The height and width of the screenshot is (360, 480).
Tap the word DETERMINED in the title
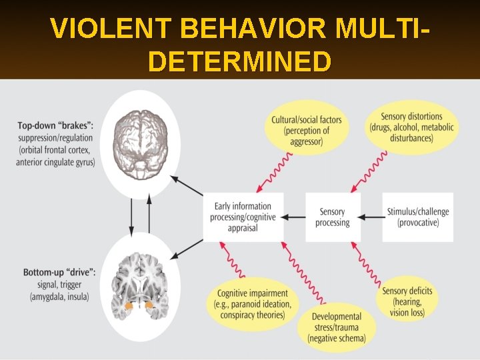[240, 61]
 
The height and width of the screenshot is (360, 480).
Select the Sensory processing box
[333, 217]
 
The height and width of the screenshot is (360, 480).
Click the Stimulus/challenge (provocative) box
[418, 217]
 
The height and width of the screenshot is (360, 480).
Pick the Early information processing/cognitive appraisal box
[243, 217]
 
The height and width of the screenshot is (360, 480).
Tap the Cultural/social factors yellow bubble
[306, 131]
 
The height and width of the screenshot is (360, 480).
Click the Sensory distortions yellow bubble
[411, 127]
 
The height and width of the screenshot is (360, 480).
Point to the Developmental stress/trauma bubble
[337, 327]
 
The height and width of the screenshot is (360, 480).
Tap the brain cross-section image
[141, 287]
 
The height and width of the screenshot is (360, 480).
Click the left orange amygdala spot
[129, 307]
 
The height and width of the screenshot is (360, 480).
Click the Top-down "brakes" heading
[55, 125]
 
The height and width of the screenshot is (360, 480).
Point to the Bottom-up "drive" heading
[59, 273]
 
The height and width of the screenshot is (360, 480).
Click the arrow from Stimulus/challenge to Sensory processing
[371, 217]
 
